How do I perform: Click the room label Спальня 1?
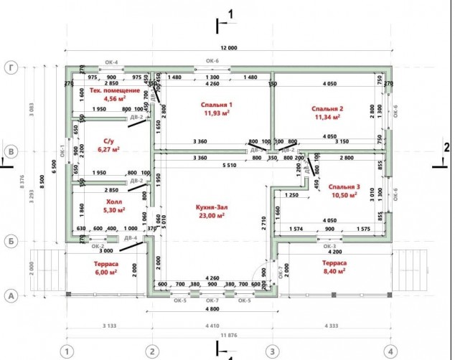216,104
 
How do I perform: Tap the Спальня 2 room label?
327,108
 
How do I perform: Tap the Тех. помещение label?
114,91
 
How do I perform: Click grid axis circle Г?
11,68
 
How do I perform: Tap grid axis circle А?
11,295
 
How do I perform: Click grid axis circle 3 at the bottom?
272,351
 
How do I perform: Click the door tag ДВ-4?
130,237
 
